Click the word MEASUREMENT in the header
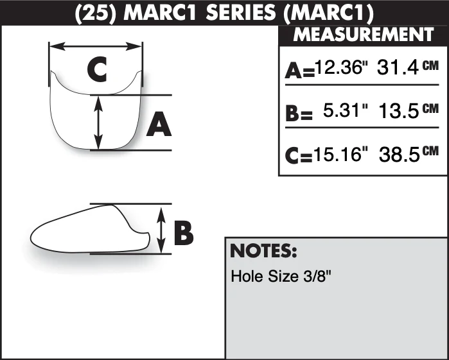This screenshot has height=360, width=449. tap(364, 35)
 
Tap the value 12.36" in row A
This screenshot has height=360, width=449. tap(340, 67)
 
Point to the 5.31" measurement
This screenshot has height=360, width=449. tap(346, 110)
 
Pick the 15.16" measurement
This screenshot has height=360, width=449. tap(340, 154)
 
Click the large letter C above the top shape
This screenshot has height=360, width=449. tap(97, 69)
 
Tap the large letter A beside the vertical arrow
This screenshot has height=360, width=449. tap(159, 124)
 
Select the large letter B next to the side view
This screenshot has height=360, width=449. tap(184, 233)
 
